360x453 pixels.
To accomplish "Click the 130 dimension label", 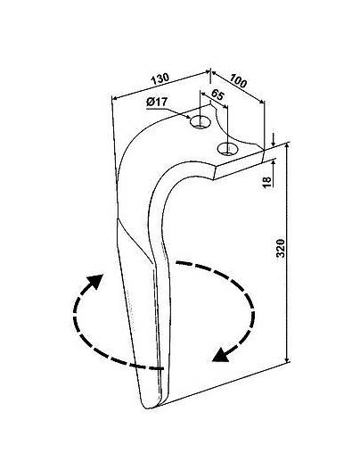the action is coord(160,78).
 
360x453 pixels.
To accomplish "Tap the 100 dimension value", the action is coord(238,81).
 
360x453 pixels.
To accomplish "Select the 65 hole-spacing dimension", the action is coord(217,95).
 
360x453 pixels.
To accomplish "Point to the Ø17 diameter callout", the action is coord(157,102).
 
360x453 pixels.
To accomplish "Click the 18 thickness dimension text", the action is coord(267,182).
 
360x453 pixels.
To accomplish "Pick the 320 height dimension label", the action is coord(281,248).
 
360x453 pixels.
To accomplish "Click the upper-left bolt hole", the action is coord(200,122).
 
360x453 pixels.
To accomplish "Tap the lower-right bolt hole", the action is coord(228,148).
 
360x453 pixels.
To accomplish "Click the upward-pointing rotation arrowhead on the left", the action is coord(96,281).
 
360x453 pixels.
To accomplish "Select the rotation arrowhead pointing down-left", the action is coord(220,355).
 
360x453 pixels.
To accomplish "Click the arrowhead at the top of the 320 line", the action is coord(287,146).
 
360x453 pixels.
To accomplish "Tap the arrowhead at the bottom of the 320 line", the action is coord(287,359).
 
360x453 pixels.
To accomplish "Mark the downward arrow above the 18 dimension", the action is coord(274,141).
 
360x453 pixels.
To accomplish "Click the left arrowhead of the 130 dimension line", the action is coord(114,98).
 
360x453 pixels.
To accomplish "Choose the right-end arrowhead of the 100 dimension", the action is coord(261,102).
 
